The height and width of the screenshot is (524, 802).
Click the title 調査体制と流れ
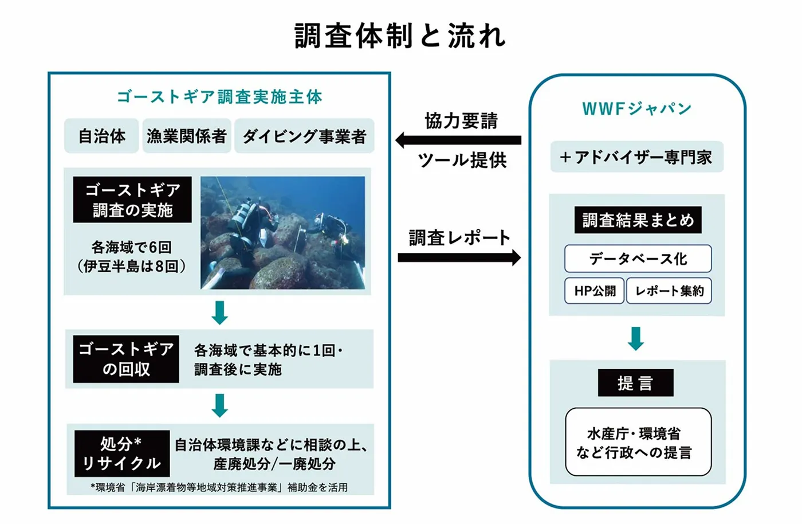click(400, 36)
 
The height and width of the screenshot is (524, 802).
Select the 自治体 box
click(101, 136)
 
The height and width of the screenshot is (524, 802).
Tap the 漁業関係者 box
click(187, 136)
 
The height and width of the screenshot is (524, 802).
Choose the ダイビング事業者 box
click(304, 136)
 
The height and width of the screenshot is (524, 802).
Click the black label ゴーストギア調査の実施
click(132, 200)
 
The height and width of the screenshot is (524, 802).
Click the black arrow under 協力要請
click(458, 140)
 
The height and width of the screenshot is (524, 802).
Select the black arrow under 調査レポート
click(459, 257)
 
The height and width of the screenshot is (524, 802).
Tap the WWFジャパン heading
click(636, 108)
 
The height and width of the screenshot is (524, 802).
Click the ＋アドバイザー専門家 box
click(636, 157)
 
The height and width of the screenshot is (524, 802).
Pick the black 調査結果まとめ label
click(638, 220)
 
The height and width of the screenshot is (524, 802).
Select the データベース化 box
click(638, 259)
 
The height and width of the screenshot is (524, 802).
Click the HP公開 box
click(595, 291)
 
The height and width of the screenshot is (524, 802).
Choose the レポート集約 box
click(669, 291)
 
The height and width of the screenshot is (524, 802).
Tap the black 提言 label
click(635, 383)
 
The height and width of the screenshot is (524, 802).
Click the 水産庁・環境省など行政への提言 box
click(638, 442)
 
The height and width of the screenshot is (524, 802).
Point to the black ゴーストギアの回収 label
click(126, 359)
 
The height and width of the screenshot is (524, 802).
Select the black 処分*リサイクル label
click(122, 453)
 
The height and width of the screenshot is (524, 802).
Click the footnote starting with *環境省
click(219, 487)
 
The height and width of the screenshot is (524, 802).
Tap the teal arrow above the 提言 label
click(636, 338)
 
